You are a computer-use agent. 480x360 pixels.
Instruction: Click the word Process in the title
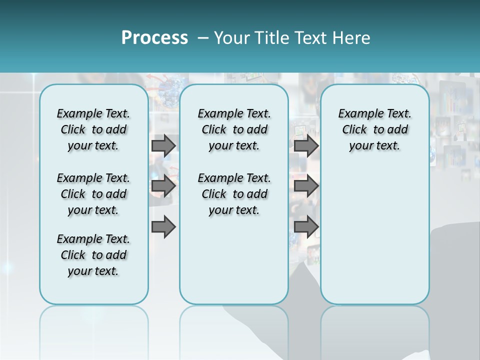tap(154, 38)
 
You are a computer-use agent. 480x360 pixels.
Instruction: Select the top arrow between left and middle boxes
tap(163, 145)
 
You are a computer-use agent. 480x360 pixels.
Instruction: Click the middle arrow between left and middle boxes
tap(163, 186)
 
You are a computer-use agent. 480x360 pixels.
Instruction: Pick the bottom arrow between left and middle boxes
tap(163, 227)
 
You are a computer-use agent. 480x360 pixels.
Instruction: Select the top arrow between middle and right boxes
tap(306, 145)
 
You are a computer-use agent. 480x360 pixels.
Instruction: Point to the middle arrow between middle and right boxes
tap(306, 186)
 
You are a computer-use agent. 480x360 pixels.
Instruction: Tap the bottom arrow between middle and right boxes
tap(306, 227)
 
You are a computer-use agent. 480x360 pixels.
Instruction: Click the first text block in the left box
tap(93, 129)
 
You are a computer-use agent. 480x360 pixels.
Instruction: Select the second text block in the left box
tap(93, 194)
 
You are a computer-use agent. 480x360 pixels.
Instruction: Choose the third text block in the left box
tap(93, 255)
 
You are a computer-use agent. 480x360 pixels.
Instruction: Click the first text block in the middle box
tap(234, 129)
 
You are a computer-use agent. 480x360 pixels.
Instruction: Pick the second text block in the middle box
tap(234, 194)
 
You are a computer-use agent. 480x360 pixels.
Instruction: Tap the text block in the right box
tap(374, 129)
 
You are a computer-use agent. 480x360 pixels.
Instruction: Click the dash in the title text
tap(203, 38)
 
